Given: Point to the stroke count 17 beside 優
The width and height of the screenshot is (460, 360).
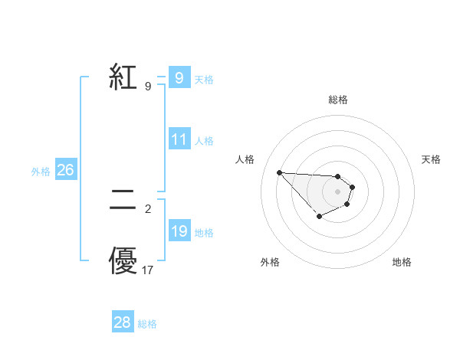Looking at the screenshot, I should coord(148,270).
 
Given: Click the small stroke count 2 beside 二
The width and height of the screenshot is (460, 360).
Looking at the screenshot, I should coord(148,208).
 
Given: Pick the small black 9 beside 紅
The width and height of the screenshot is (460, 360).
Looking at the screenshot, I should coord(147,86).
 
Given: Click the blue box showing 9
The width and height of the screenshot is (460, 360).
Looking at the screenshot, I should coord(179,78).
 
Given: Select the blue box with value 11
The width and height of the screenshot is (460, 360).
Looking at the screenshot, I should coord(179,139).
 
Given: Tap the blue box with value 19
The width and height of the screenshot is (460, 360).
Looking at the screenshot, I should coord(179,231).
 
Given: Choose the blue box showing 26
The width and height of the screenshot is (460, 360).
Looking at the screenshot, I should coord(65,170).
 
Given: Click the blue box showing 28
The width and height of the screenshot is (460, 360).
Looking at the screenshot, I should coord(123,322).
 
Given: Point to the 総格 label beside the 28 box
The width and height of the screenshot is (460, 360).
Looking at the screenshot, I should coord(147,324).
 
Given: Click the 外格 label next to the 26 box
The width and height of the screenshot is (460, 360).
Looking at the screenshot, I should coord(41,172).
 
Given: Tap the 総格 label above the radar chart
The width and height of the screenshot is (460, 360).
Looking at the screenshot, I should coord(337,100).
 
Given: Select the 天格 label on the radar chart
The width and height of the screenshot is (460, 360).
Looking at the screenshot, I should coord(431,159).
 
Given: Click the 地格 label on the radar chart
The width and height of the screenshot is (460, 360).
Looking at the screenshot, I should coord(402,262).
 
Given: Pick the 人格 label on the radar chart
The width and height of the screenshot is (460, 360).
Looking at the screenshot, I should coord(245,159).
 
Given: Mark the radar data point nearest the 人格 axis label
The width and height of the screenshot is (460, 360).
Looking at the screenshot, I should coord(279,172).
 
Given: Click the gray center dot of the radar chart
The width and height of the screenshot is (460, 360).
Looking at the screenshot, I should coord(337,191).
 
